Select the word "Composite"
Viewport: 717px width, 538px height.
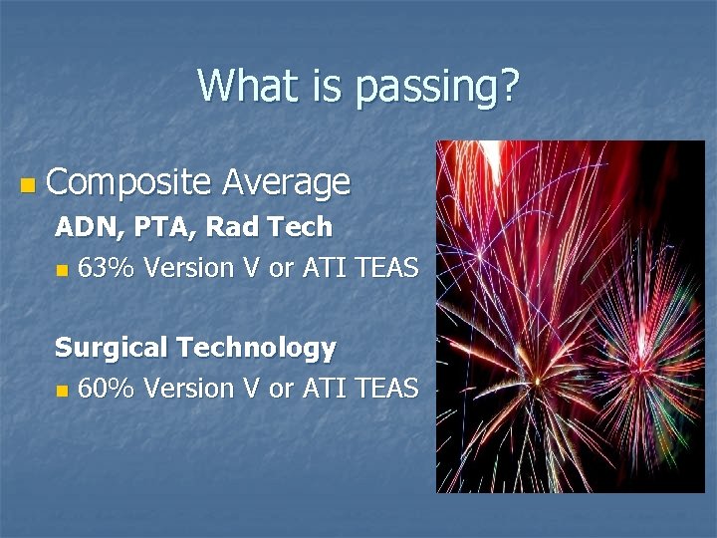coord(128,183)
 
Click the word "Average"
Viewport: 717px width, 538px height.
coord(286,183)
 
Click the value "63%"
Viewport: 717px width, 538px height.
coord(108,268)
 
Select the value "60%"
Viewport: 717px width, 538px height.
coord(108,389)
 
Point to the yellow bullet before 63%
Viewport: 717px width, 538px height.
coord(63,270)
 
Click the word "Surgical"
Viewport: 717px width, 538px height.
coord(112,349)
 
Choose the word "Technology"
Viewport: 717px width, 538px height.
coord(256,349)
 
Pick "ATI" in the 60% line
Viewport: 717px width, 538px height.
coord(320,389)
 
